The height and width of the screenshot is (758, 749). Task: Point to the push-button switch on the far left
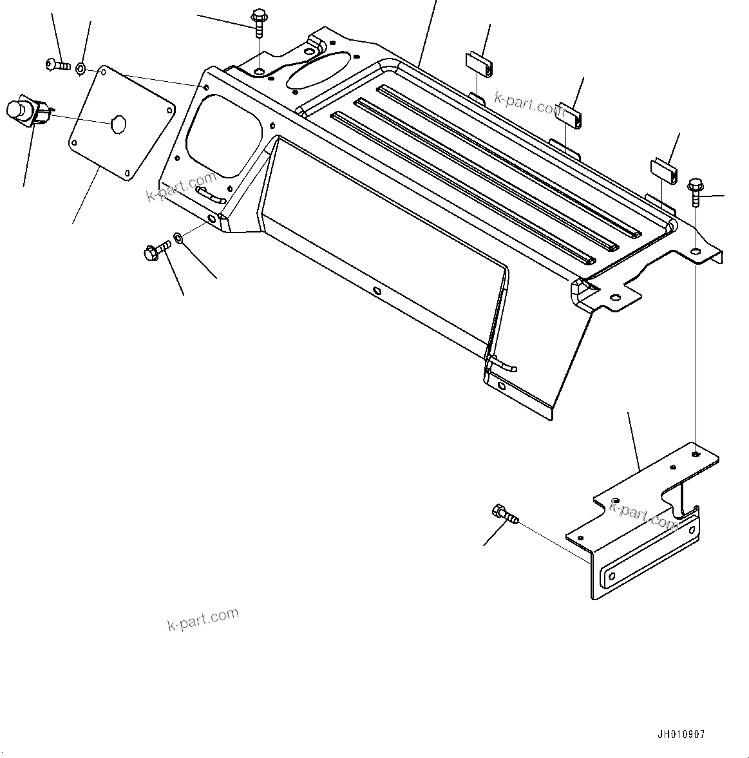click(25, 112)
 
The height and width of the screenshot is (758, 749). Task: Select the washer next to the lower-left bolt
click(178, 239)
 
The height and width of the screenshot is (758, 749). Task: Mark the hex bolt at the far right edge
click(696, 191)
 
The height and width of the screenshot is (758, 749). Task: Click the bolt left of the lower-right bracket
click(504, 515)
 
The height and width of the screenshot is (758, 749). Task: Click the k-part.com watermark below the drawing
click(203, 620)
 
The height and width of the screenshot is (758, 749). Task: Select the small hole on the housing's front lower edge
click(377, 291)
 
